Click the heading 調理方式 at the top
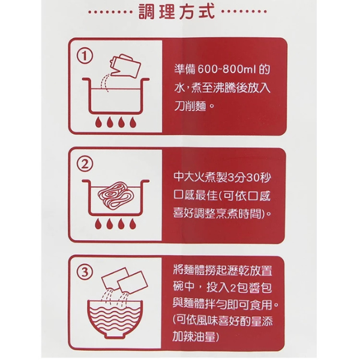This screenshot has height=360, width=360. pos(170,13)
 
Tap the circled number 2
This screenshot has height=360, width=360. pos(86,164)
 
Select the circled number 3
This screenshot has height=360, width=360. pos(86,272)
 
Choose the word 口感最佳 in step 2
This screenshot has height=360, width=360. pos(194,196)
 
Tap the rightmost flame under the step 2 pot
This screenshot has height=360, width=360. pos(134,230)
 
